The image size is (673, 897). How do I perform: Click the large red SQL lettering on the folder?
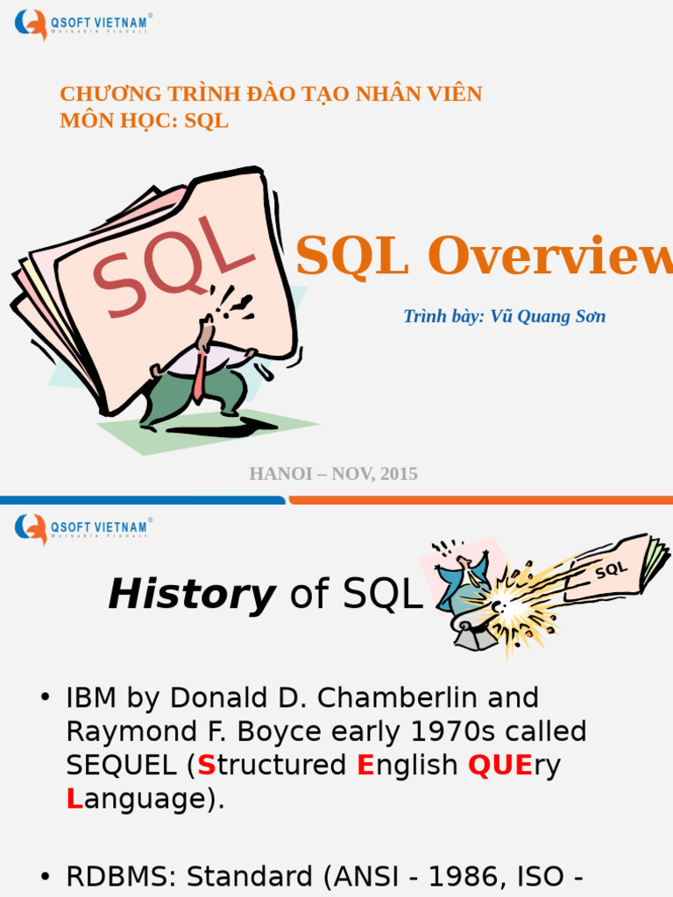tap(171, 267)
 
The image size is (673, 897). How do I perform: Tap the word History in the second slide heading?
tap(191, 596)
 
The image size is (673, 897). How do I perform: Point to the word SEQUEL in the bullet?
tap(121, 765)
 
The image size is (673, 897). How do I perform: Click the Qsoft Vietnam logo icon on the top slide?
tap(32, 24)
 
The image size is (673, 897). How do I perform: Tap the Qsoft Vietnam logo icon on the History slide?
tap(32, 528)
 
